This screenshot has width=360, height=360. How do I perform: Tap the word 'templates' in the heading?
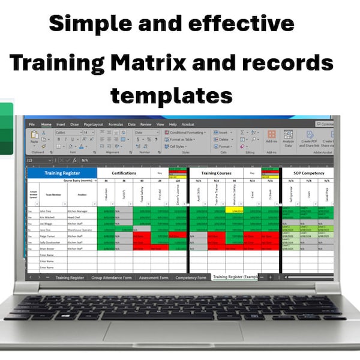click(171, 94)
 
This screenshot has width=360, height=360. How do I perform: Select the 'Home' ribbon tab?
click(46, 124)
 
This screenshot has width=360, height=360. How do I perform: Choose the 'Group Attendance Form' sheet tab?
click(112, 278)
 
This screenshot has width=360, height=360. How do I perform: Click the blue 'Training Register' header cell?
click(62, 173)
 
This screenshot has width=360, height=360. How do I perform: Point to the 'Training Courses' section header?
click(217, 173)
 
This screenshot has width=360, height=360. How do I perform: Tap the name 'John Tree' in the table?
click(46, 211)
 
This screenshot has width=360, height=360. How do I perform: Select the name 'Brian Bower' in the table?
click(47, 247)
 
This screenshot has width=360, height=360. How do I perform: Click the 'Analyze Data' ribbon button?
click(287, 138)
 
